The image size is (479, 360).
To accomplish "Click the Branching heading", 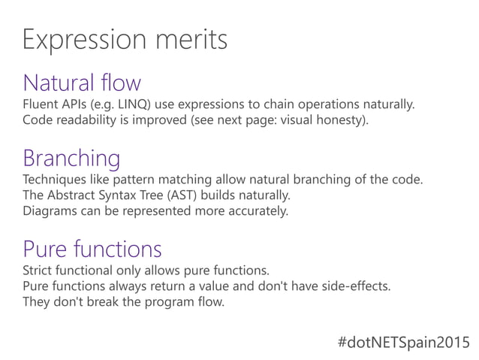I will click(71, 159).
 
